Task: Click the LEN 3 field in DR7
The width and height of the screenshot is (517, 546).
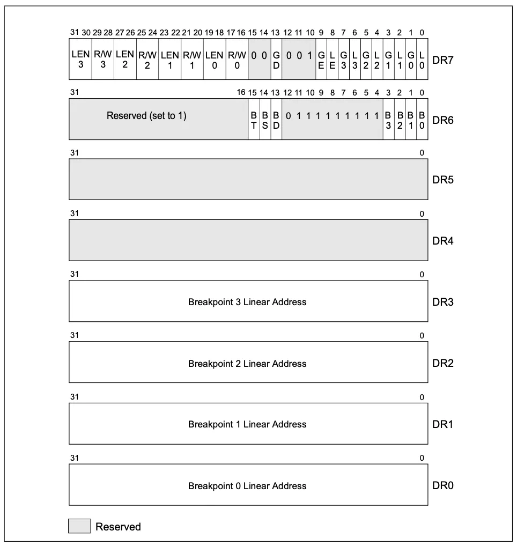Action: click(80, 59)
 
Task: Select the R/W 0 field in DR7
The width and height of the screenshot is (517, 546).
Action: click(237, 59)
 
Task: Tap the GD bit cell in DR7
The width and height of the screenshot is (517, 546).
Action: click(276, 59)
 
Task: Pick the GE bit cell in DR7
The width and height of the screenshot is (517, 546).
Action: click(321, 59)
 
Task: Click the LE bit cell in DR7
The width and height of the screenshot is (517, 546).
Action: click(333, 59)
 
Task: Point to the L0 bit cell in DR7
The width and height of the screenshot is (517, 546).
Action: click(422, 59)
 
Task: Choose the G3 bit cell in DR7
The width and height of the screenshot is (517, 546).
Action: click(344, 59)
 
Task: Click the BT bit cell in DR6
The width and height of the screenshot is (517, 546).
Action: click(254, 119)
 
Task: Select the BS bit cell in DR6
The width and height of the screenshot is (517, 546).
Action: click(265, 119)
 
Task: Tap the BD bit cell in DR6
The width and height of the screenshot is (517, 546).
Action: click(276, 119)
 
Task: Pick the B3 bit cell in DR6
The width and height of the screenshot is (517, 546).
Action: click(388, 119)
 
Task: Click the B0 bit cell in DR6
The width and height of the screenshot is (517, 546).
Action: click(422, 119)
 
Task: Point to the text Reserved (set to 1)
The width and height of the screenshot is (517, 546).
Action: click(146, 115)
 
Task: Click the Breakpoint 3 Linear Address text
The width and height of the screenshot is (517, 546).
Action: click(247, 302)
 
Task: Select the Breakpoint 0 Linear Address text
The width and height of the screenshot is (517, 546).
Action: click(247, 486)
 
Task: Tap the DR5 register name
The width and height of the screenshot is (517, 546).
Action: click(443, 180)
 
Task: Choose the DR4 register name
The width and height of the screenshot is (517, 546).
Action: click(443, 241)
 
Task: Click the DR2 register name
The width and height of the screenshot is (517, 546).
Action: click(443, 363)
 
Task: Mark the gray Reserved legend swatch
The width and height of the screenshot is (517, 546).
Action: click(79, 526)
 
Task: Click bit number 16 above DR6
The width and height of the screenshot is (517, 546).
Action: click(241, 93)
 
